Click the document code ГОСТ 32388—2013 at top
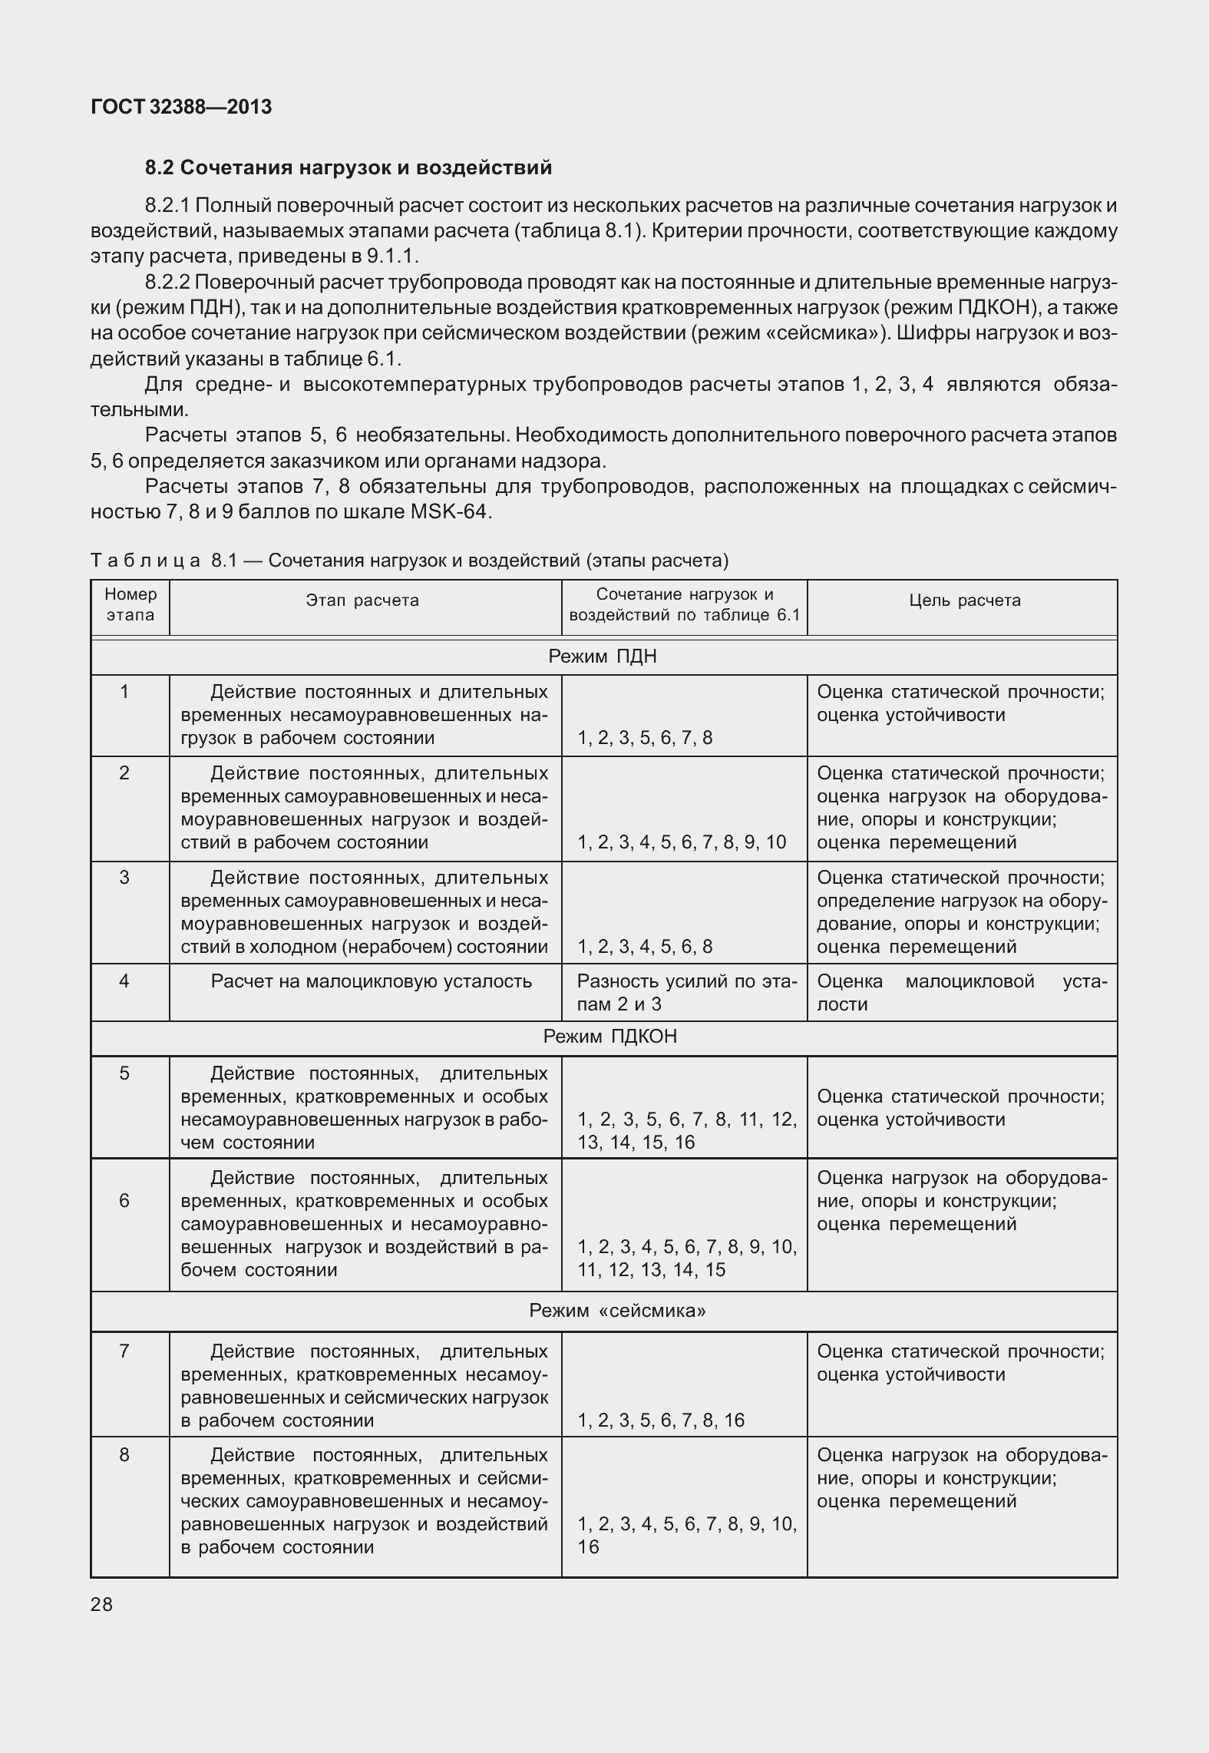click(x=181, y=107)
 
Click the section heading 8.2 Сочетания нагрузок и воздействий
click(x=348, y=167)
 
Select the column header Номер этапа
click(x=130, y=604)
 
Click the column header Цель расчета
click(x=965, y=600)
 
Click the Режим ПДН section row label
click(x=603, y=657)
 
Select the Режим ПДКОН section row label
click(x=609, y=1037)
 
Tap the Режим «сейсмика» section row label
click(x=617, y=1310)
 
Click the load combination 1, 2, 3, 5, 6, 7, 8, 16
click(x=661, y=1420)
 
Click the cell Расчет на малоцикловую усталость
click(x=371, y=981)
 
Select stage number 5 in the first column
click(x=124, y=1073)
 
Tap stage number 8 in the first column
click(x=124, y=1454)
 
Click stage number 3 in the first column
click(x=124, y=877)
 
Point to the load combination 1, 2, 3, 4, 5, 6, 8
click(x=645, y=947)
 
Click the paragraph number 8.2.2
click(x=170, y=283)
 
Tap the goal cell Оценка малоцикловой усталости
click(x=962, y=993)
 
